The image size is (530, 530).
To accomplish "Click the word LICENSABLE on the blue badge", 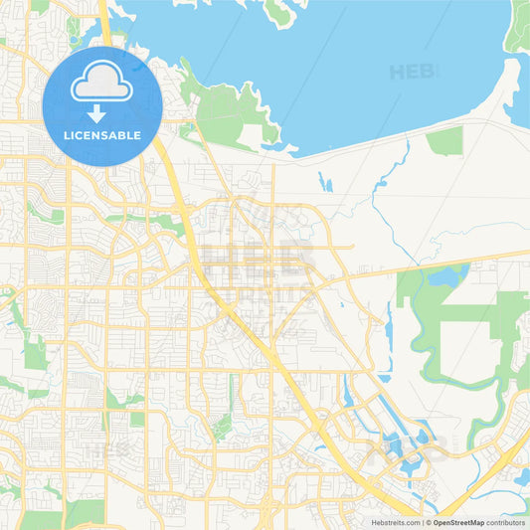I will [101, 133].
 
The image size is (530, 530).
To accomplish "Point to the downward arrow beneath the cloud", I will [101, 111].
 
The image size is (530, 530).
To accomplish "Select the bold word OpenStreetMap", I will [457, 522].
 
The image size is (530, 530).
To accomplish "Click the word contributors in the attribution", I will [505, 522].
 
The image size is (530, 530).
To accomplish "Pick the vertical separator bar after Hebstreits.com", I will [422, 522].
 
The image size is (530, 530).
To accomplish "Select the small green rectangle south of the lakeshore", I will [444, 140].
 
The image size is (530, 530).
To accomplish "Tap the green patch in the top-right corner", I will [518, 25].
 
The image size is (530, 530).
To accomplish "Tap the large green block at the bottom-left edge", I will [85, 513].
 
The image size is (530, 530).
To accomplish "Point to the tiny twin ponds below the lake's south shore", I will [326, 183].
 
